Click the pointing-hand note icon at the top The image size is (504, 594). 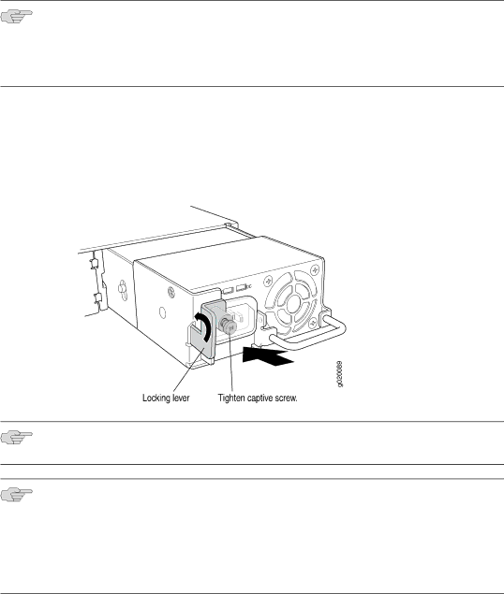click(x=16, y=16)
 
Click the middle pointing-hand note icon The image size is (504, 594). click(x=16, y=438)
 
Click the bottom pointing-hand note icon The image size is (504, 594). click(x=16, y=494)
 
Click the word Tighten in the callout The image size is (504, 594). click(x=231, y=398)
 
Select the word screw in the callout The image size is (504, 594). click(x=286, y=398)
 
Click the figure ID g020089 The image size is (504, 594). click(x=340, y=374)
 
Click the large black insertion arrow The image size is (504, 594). click(x=268, y=356)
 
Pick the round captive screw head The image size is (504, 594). click(x=230, y=326)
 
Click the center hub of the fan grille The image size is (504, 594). click(x=293, y=303)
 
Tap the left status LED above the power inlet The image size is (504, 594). click(x=227, y=291)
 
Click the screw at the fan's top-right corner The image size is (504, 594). click(x=314, y=270)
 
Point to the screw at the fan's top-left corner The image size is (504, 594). click(x=268, y=281)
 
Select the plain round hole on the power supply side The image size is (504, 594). click(x=162, y=312)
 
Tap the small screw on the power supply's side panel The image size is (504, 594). click(x=171, y=292)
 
